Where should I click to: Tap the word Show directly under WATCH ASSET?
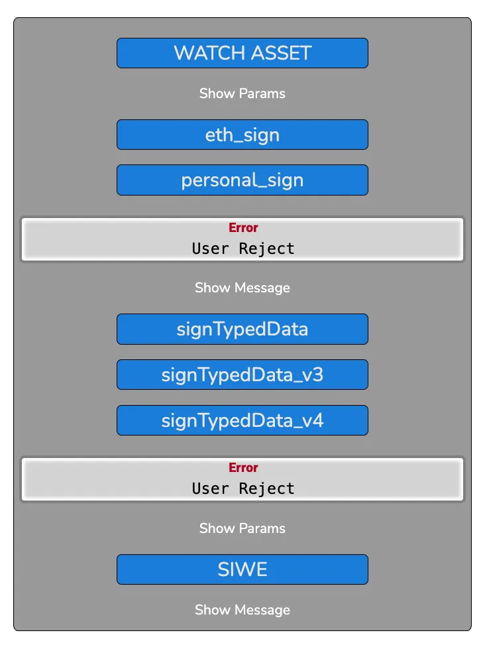tap(217, 93)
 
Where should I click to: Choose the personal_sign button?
tap(242, 180)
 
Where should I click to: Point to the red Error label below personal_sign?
tap(243, 227)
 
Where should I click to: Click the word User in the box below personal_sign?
tap(211, 249)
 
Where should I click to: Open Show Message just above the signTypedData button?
tap(242, 288)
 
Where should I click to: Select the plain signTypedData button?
tap(242, 329)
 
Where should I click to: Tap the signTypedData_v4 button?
tap(242, 420)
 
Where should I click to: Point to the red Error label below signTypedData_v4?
tap(243, 467)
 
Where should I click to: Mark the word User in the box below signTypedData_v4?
tap(211, 489)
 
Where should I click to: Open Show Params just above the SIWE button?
tap(242, 528)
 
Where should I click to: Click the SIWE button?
tap(242, 569)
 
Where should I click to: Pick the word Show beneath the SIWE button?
tap(213, 610)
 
